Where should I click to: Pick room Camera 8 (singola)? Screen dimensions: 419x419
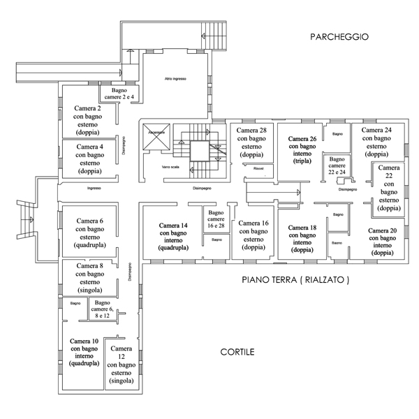click(90, 277)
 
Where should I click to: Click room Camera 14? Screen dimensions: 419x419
click(173, 236)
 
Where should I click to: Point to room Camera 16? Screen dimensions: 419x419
click(253, 235)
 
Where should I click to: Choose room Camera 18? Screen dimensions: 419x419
click(302, 238)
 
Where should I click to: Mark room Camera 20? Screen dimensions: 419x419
click(383, 242)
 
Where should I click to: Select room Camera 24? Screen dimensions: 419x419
click(377, 142)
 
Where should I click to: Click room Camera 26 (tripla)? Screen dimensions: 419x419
click(302, 149)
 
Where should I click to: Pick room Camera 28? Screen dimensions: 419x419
click(253, 142)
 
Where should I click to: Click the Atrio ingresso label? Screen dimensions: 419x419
click(175, 78)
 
